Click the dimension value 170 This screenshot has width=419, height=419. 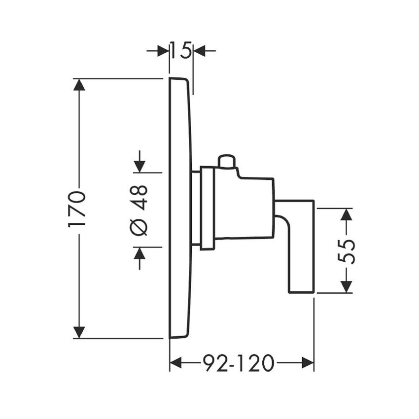pyautogui.click(x=78, y=209)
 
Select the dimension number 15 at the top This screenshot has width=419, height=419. pyautogui.click(x=181, y=50)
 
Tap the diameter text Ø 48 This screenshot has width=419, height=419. pyautogui.click(x=140, y=210)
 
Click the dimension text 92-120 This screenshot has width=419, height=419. pyautogui.click(x=238, y=364)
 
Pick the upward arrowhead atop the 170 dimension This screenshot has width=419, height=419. pyautogui.click(x=79, y=85)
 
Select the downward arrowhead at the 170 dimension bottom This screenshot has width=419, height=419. pyautogui.click(x=79, y=332)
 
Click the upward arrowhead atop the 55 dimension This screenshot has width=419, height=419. pyautogui.click(x=347, y=214)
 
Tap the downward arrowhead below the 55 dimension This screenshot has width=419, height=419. pyautogui.click(x=347, y=287)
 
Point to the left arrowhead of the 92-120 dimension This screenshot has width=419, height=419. pyautogui.click(x=176, y=364)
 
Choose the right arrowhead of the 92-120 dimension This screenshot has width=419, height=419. pyautogui.click(x=308, y=364)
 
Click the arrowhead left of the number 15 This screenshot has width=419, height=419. pyautogui.click(x=163, y=50)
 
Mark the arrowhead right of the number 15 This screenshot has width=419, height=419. pyautogui.click(x=200, y=50)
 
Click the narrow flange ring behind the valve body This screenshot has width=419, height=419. pyautogui.click(x=207, y=209)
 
